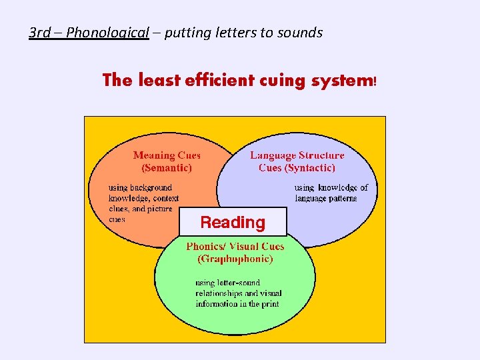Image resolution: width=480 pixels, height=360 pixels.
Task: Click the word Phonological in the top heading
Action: click(107, 33)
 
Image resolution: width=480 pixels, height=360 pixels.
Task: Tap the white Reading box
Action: click(233, 222)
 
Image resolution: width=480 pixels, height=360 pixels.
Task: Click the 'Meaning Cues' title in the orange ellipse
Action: click(167, 155)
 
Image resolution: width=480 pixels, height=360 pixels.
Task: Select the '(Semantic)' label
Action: click(167, 168)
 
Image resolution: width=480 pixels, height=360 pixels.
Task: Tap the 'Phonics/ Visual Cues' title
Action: click(235, 247)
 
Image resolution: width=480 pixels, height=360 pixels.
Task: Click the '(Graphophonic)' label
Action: click(235, 259)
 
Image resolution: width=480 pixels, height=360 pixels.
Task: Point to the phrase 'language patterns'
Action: click(326, 198)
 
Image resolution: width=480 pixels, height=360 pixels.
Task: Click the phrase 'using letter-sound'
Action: click(227, 283)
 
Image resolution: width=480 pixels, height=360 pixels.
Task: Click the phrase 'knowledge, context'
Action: click(143, 198)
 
